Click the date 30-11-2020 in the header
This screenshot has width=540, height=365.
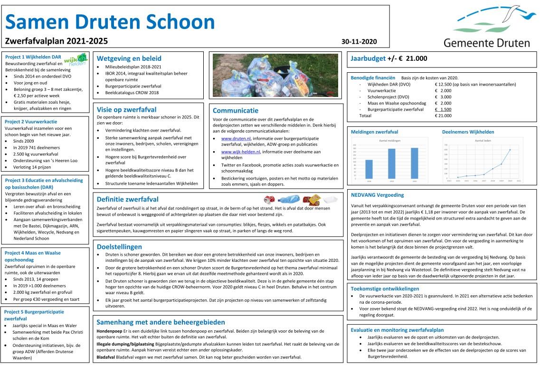tap(359, 41)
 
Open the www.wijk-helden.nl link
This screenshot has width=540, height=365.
tap(240, 152)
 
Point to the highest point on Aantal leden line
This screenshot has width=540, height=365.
tap(510, 150)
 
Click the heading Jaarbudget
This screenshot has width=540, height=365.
tap(368, 59)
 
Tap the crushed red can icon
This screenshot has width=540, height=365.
tap(270, 199)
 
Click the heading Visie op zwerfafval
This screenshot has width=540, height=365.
tap(126, 109)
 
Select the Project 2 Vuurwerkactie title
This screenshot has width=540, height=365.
tap(31, 121)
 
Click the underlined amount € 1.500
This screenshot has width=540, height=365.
tap(443, 109)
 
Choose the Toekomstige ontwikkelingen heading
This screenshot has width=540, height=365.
tap(385, 288)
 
